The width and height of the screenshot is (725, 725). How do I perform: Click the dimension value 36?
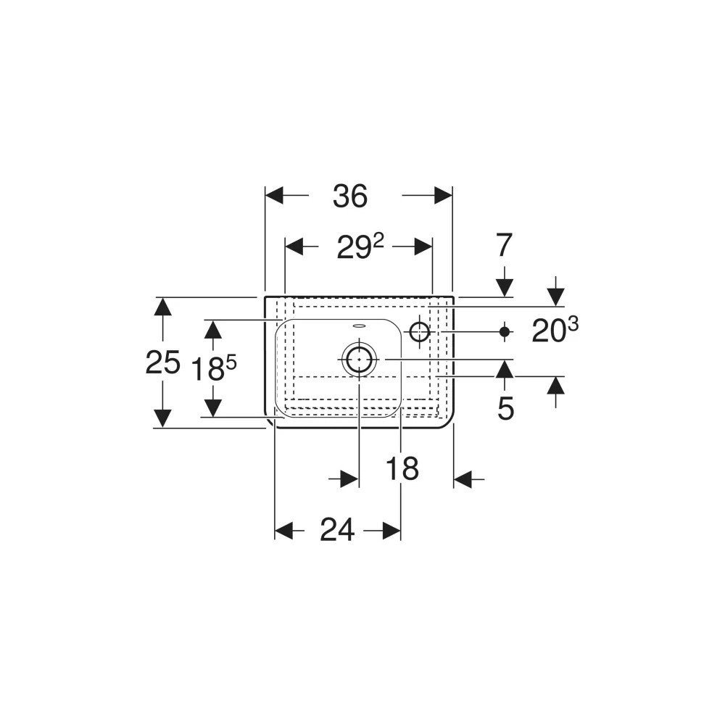350,196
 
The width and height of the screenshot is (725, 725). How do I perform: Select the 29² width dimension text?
360,247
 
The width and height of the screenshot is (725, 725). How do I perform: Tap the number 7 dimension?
504,245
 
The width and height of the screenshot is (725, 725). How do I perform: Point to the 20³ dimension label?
555,330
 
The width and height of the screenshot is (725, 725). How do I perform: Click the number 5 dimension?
505,408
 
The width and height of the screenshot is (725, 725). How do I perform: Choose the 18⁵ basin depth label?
214,368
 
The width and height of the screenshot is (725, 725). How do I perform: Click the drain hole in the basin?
360,360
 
